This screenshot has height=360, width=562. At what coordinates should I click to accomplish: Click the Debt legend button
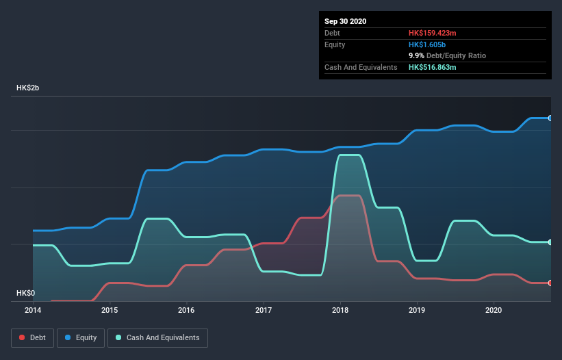coord(31,337)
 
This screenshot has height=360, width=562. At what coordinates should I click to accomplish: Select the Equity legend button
coord(81,337)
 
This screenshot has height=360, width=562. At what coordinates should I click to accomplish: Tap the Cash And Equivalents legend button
coord(157,337)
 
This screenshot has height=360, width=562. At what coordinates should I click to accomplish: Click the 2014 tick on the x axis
coord(33,310)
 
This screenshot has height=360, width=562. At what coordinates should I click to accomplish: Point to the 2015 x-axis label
coord(110,310)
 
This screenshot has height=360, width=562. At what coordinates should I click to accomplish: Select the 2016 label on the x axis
coord(186,310)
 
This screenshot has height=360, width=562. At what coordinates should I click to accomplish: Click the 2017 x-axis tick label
coord(263,310)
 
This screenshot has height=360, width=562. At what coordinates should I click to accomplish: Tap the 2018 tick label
coord(340,310)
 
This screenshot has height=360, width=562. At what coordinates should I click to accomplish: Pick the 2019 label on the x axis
coord(416,310)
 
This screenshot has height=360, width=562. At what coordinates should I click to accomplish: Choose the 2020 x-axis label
coord(493,310)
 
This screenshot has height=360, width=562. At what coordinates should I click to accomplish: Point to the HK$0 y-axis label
coord(25,293)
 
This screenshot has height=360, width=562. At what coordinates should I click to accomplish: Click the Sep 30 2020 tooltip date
coord(345,21)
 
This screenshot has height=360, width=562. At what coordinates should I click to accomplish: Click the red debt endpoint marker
coord(550,283)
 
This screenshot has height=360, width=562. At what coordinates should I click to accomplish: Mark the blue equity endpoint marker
coord(550,118)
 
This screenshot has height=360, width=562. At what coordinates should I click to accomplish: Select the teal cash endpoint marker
coord(550,242)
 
